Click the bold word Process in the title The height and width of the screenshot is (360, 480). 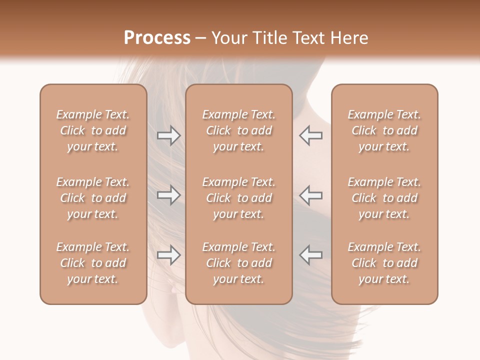tap(157, 38)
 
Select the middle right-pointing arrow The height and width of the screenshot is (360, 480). tap(168, 195)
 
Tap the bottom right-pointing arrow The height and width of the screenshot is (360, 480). tap(168, 255)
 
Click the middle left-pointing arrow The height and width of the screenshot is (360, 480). tap(311, 195)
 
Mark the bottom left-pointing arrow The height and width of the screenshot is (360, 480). tap(311, 255)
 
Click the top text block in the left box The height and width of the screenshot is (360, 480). tap(93, 130)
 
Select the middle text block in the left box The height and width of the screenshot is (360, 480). tap(93, 198)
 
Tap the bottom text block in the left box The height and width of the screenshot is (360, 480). tap(93, 263)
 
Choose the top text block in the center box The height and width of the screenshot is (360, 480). tap(239, 130)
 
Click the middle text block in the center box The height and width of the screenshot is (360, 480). tap(239, 198)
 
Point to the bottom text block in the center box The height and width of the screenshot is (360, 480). tap(239, 263)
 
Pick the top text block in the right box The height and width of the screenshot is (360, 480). tap(384, 130)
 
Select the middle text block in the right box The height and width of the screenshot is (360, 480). tap(384, 198)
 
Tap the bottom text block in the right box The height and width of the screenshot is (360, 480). tap(384, 263)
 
